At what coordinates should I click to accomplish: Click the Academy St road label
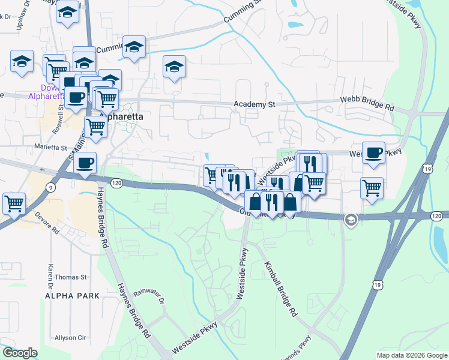coord(254,104)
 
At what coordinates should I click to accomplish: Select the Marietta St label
coord(50,147)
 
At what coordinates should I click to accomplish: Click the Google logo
coord(20,353)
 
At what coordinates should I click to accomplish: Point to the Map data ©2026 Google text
coord(412,355)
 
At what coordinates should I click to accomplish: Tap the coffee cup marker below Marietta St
coord(85,162)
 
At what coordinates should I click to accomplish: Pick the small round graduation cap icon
coord(351,221)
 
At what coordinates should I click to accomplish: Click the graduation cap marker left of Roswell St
coord(22,62)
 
